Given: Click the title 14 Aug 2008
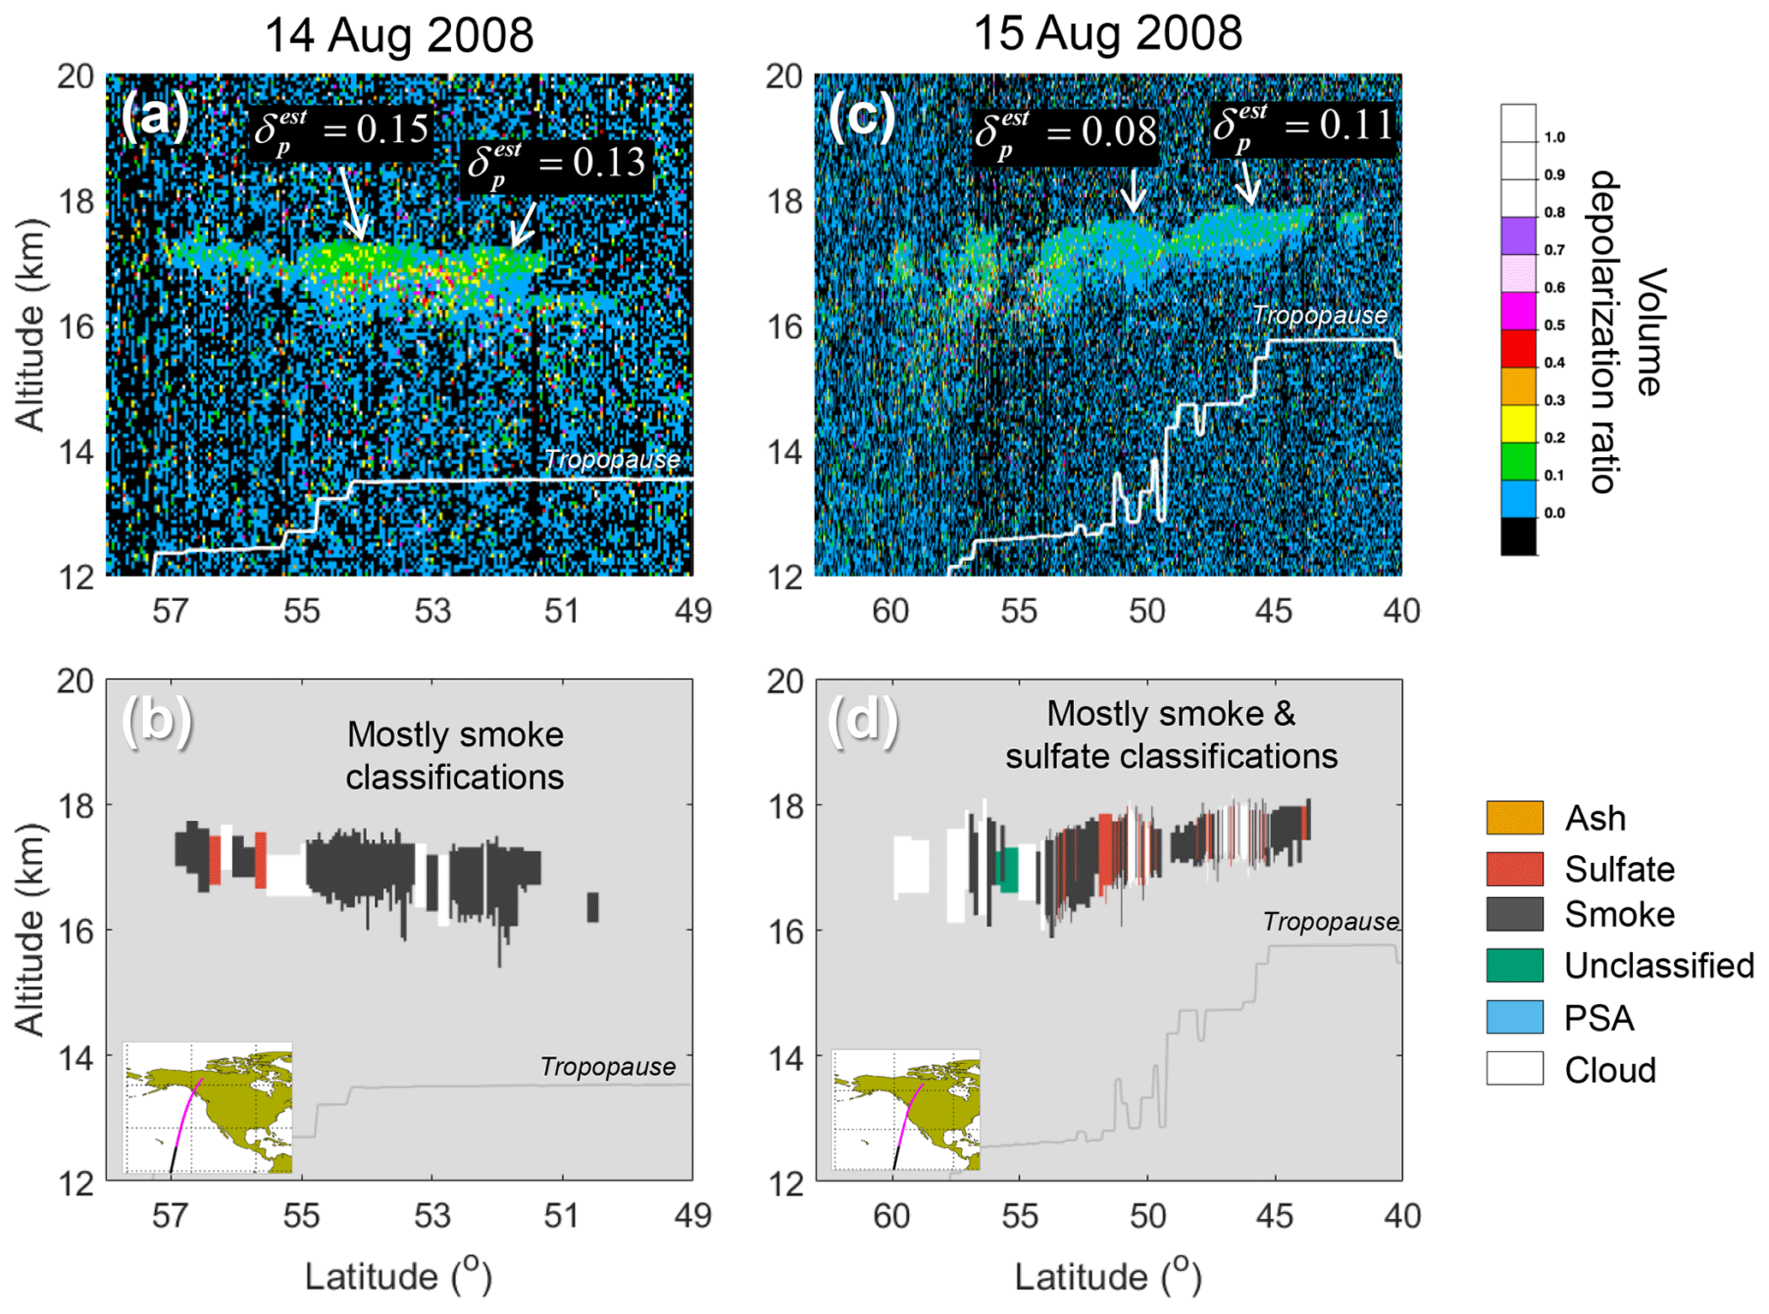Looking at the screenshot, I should (x=399, y=36).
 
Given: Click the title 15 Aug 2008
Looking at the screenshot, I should (x=1107, y=34).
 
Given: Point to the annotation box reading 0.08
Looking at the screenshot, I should (x=1066, y=134).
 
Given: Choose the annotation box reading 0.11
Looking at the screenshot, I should (x=1303, y=128).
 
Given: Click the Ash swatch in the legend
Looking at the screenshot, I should (x=1515, y=818).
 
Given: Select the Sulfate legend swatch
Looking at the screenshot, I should (x=1515, y=869).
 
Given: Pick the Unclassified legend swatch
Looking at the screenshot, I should (x=1515, y=966).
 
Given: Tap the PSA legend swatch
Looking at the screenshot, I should (x=1515, y=1018).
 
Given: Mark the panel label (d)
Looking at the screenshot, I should (x=863, y=719).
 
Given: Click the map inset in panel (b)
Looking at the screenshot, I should (x=208, y=1108).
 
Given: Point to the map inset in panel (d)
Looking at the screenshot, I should (x=906, y=1110).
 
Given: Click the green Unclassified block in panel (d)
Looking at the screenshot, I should (x=1010, y=870).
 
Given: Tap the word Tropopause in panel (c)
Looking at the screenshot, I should (x=1319, y=316).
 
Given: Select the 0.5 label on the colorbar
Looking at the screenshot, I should (x=1554, y=325).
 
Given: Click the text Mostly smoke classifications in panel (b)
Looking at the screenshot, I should (x=454, y=756).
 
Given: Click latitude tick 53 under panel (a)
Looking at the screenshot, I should (x=432, y=611).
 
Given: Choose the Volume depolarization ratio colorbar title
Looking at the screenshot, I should (x=1626, y=331).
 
